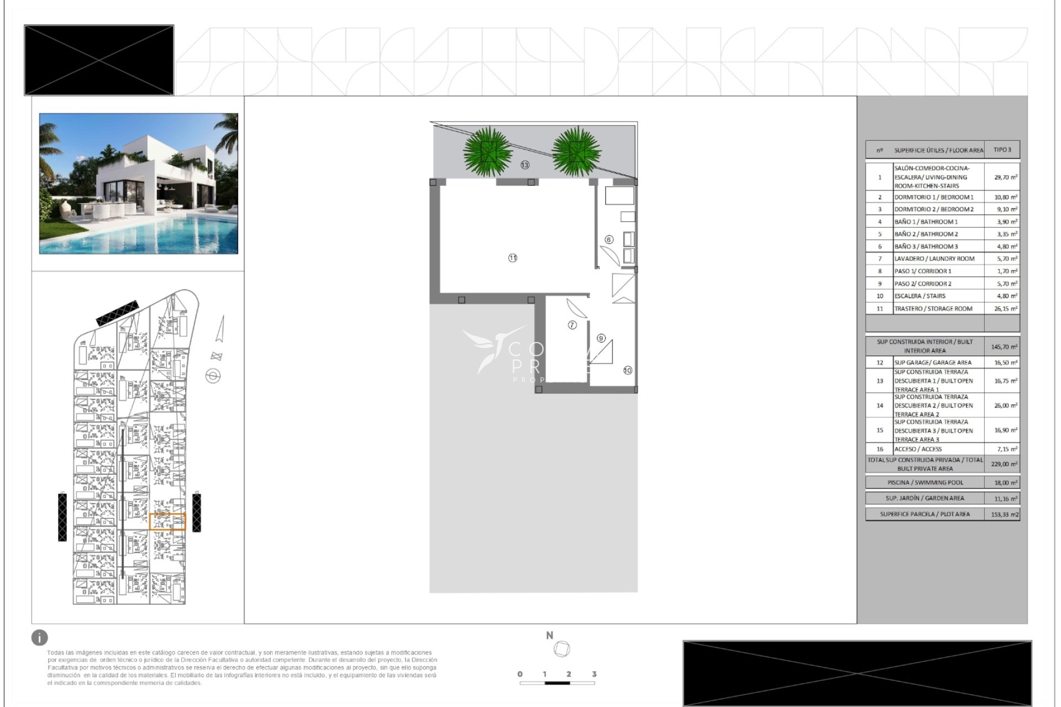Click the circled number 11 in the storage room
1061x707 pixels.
point(513,258)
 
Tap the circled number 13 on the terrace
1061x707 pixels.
point(524,165)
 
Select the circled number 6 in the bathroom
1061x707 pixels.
point(609,240)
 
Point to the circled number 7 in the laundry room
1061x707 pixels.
point(572,325)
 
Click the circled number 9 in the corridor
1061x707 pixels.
point(601,338)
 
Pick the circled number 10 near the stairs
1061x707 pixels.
point(628,371)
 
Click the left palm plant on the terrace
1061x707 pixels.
point(487,151)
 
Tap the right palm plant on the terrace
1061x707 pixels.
point(576,151)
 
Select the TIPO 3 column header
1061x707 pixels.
point(1002,150)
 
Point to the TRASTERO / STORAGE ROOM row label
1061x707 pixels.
point(933,309)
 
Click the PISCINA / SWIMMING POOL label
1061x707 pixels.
point(925,482)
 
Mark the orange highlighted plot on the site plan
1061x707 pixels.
point(167,521)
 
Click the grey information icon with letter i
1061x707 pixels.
point(40,637)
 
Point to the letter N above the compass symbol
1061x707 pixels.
point(549,636)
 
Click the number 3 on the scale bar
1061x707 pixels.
point(594,674)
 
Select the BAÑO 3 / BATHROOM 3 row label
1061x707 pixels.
point(926,246)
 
